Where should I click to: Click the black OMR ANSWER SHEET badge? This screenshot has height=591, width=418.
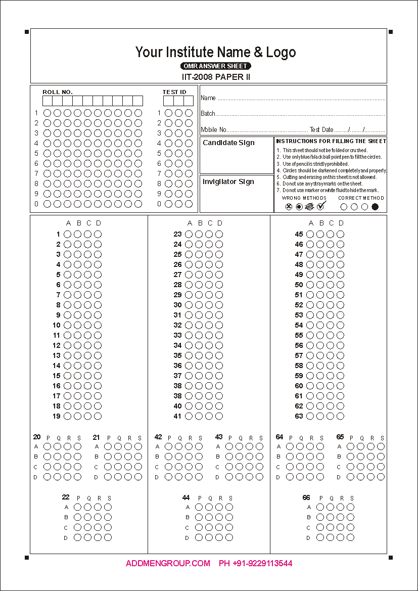tap(216, 66)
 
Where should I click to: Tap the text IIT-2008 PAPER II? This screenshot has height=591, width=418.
tap(216, 77)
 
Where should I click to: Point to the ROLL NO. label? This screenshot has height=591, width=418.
tap(58, 92)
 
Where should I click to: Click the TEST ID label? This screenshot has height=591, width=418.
tap(174, 92)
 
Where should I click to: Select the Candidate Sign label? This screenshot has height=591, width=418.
tap(228, 143)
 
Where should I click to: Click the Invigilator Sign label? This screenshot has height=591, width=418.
tap(228, 182)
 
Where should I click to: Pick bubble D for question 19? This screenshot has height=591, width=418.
tap(98, 416)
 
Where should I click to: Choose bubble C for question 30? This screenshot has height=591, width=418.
tap(209, 305)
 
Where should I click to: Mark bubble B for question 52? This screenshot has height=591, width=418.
tap(320, 305)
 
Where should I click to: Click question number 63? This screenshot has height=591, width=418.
tap(299, 416)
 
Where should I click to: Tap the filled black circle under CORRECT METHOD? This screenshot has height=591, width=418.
tap(375, 206)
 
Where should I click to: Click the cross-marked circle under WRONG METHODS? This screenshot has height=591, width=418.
tap(289, 206)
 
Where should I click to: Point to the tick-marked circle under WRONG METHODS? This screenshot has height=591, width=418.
tap(320, 206)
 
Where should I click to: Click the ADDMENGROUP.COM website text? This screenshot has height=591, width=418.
tap(168, 563)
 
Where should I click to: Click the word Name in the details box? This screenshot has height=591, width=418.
tap(208, 98)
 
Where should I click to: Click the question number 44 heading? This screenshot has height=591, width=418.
tap(186, 498)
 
